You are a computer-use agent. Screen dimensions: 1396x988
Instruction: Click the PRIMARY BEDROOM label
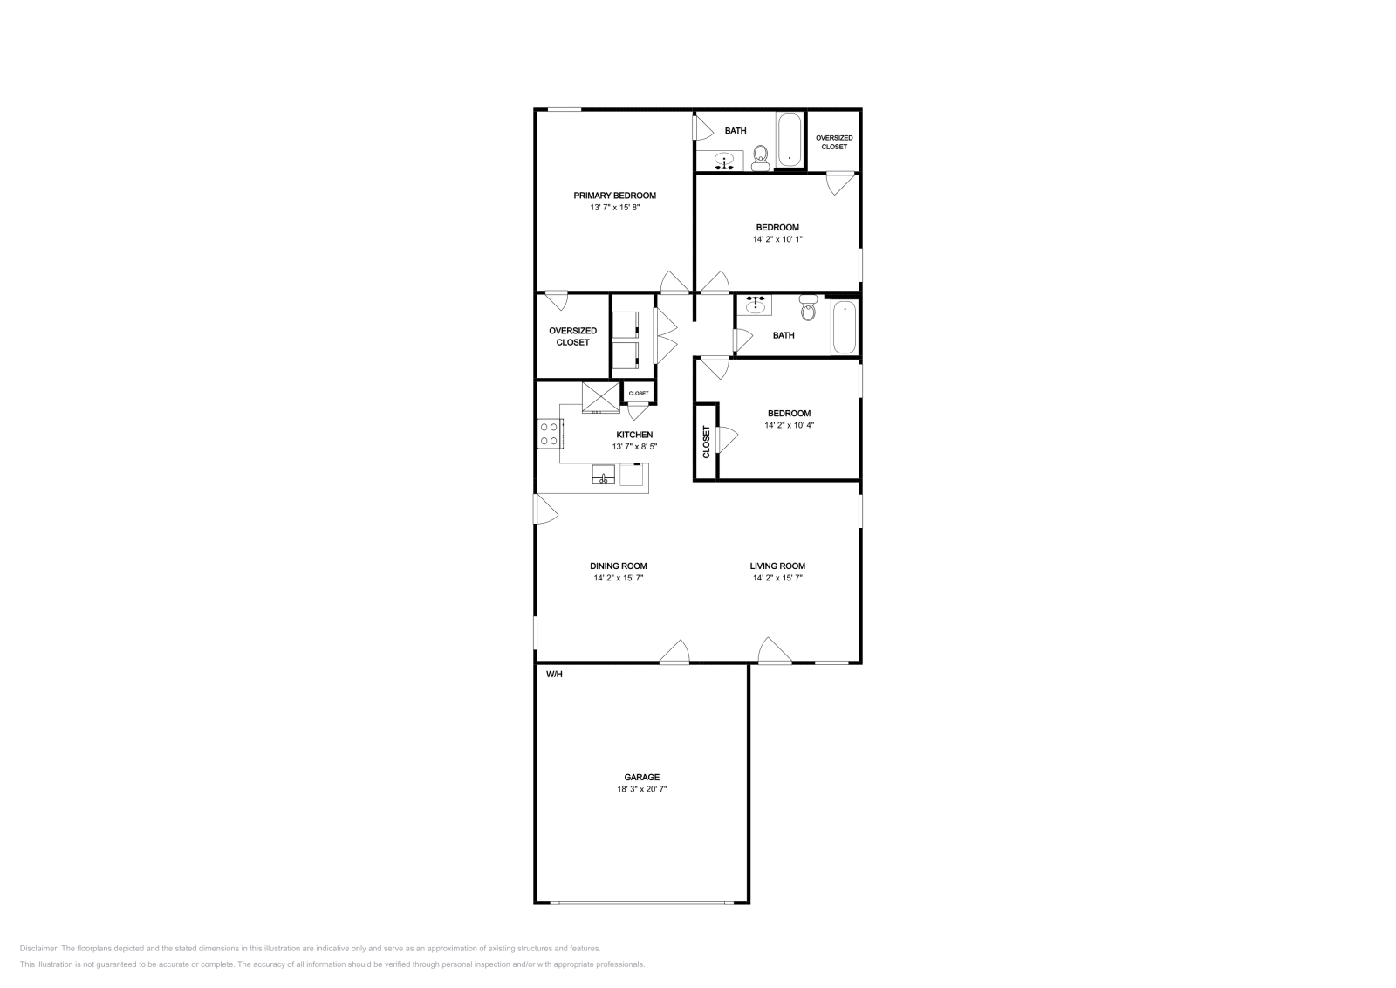(x=614, y=196)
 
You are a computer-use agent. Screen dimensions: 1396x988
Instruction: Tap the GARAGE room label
(x=642, y=778)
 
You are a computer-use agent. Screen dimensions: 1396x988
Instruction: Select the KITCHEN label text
(x=634, y=436)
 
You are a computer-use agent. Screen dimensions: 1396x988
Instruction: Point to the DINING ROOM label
(x=619, y=566)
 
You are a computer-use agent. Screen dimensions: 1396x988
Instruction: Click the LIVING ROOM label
(x=777, y=566)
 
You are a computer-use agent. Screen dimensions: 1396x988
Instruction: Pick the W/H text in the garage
(x=554, y=675)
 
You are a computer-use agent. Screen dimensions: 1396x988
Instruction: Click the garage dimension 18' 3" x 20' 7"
(x=642, y=789)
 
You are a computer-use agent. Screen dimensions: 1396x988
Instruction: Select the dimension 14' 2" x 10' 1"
(x=777, y=239)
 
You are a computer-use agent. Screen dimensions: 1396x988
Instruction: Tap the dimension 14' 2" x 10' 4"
(x=789, y=426)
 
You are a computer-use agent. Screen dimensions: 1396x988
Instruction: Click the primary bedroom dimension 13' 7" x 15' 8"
(x=614, y=208)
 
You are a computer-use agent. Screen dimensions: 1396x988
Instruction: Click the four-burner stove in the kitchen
(x=550, y=434)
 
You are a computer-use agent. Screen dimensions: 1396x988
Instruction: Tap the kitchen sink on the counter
(x=603, y=475)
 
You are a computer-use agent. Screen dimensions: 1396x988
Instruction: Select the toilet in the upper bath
(x=761, y=158)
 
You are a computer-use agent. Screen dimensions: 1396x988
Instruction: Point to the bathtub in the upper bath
(x=789, y=140)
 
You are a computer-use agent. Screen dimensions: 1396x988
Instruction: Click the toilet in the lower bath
(x=808, y=307)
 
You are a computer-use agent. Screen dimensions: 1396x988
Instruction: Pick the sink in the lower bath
(x=756, y=305)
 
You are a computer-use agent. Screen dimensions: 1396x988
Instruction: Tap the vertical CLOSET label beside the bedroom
(x=706, y=442)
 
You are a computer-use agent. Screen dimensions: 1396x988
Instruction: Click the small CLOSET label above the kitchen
(x=639, y=394)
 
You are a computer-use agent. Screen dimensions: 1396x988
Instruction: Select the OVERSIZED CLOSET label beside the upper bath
(x=834, y=142)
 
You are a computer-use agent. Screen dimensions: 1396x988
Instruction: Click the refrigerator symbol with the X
(x=601, y=397)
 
